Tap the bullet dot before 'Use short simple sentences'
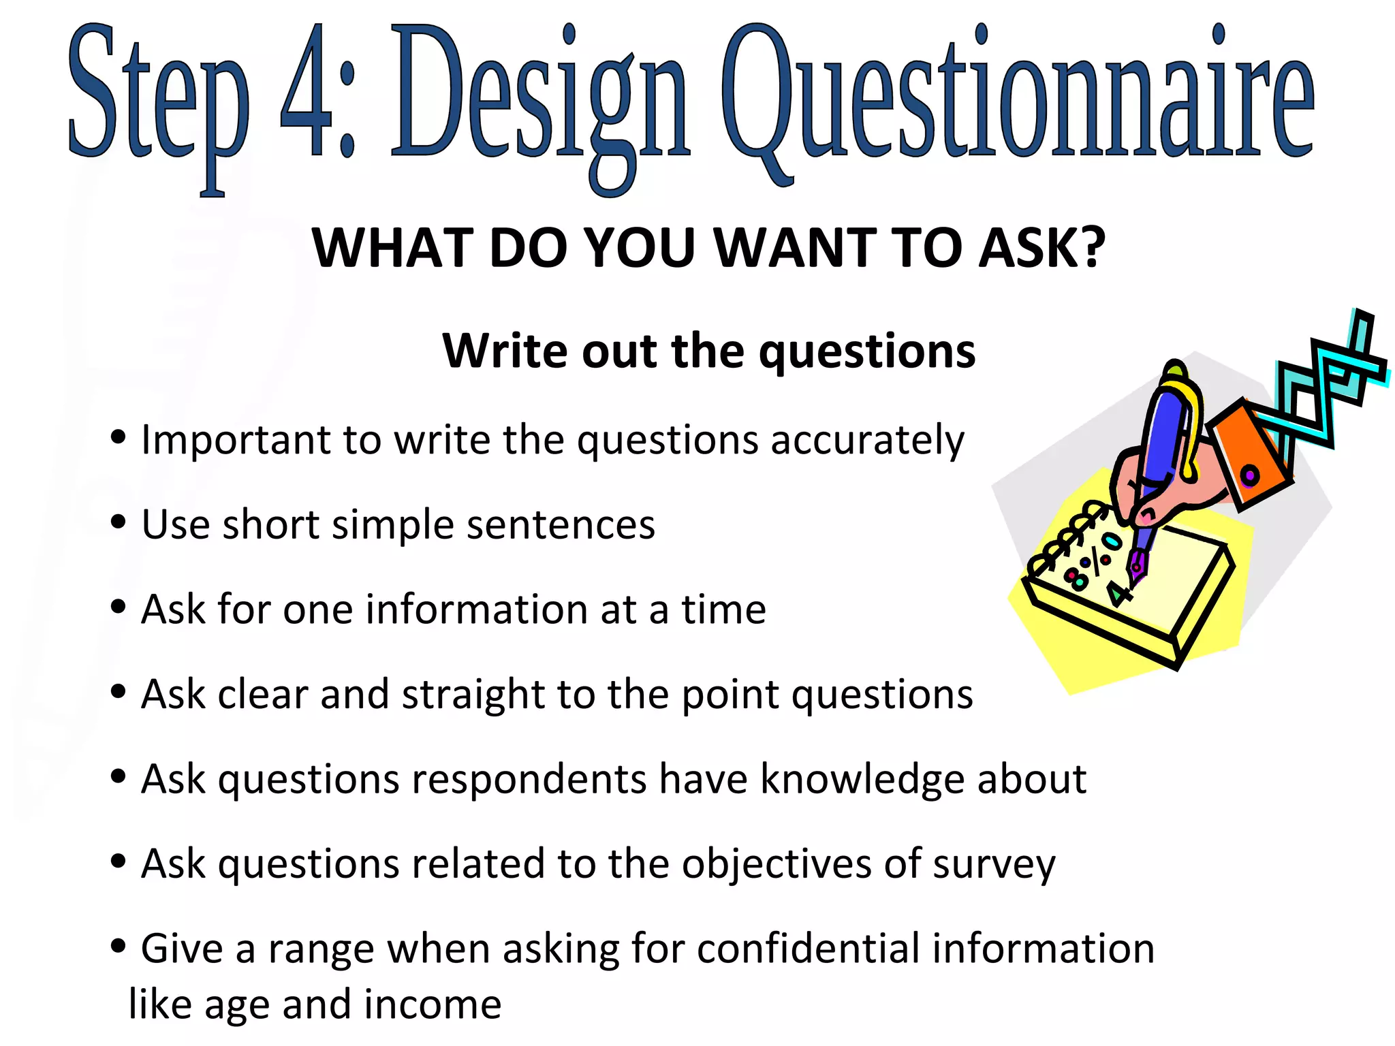pyautogui.click(x=118, y=522)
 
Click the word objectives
pyautogui.click(x=777, y=864)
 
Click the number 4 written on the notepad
pyautogui.click(x=1117, y=593)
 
